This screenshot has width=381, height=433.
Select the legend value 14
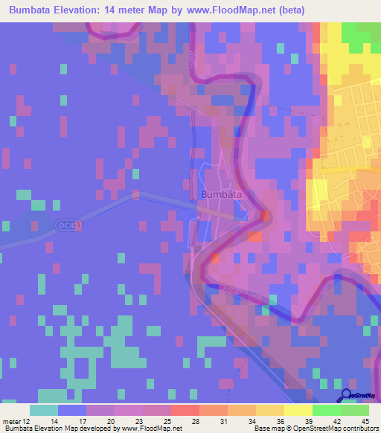point(54,420)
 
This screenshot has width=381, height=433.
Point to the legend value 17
point(82,420)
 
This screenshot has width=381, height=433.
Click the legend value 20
point(110,420)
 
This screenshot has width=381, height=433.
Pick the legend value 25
point(167,420)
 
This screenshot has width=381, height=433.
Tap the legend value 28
point(195,420)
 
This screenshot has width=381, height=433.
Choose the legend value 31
point(223,420)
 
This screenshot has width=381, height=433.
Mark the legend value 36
point(280,420)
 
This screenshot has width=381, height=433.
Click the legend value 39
point(308,420)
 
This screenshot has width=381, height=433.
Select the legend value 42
point(336,420)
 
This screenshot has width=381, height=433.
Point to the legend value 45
point(365,420)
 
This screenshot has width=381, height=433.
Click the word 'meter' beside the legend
point(13,420)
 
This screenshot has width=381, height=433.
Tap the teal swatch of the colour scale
point(44,410)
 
